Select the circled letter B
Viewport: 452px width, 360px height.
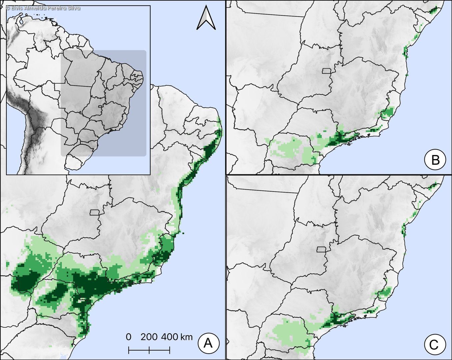pos(435,160)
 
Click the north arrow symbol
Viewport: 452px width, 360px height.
pos(206,18)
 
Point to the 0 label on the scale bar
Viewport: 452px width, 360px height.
pos(129,337)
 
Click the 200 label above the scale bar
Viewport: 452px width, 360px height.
pos(149,337)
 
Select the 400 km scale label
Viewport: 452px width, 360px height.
pos(177,337)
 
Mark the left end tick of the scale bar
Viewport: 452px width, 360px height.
pos(129,350)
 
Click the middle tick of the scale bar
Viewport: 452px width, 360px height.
pos(149,350)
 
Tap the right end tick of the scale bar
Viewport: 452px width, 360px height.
pos(170,350)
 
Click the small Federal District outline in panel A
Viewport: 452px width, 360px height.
pos(95,212)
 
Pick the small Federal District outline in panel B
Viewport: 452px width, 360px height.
pos(326,71)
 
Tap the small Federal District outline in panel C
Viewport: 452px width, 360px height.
pos(321,249)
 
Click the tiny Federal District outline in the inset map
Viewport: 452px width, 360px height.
pos(100,107)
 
